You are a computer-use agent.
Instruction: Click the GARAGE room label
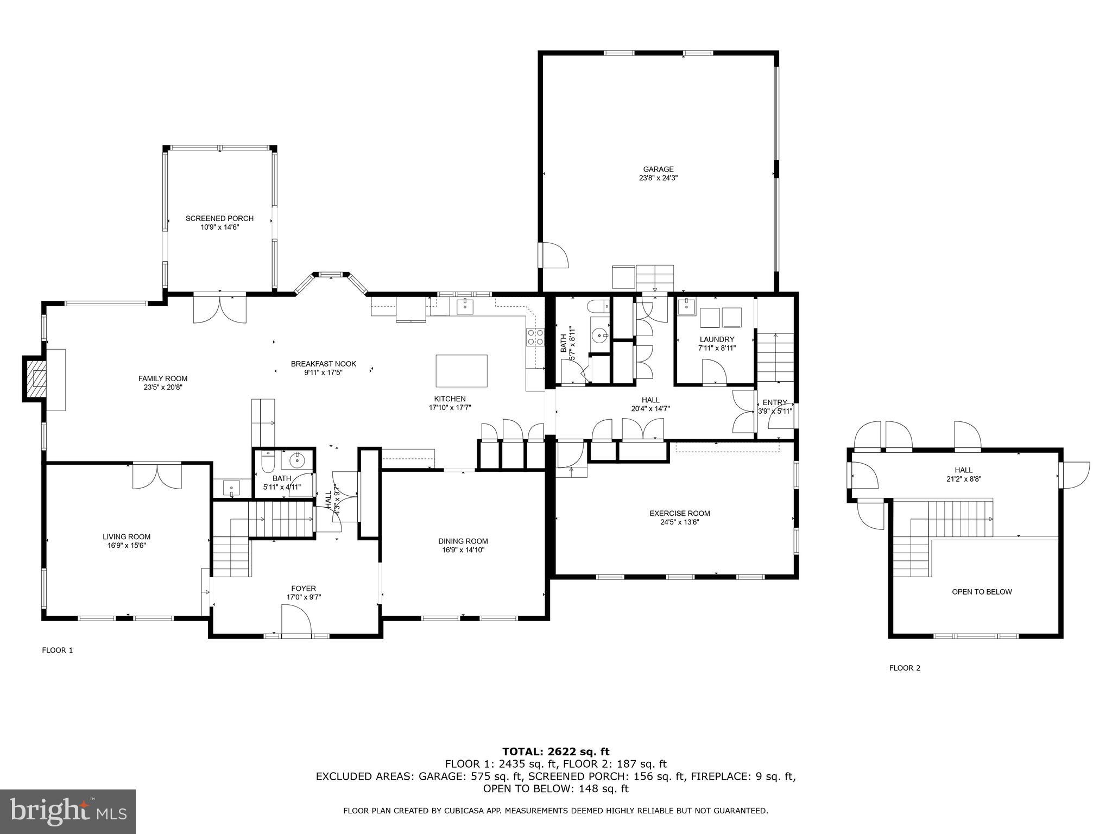pyautogui.click(x=658, y=169)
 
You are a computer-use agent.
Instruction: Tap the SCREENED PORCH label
pyautogui.click(x=219, y=218)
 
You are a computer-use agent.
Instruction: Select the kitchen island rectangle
pyautogui.click(x=462, y=370)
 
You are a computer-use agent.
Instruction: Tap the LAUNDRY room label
pyautogui.click(x=717, y=339)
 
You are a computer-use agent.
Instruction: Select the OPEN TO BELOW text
pyautogui.click(x=982, y=592)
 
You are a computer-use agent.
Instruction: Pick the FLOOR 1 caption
pyautogui.click(x=57, y=650)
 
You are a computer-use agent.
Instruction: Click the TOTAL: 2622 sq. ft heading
pyautogui.click(x=555, y=751)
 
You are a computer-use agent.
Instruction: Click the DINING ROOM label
pyautogui.click(x=463, y=541)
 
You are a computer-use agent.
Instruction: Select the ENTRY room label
pyautogui.click(x=774, y=402)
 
